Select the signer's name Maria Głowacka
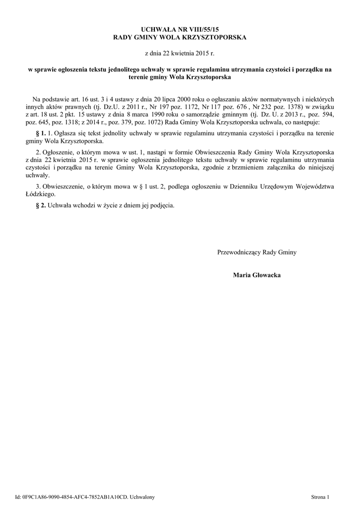tap(257, 275)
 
